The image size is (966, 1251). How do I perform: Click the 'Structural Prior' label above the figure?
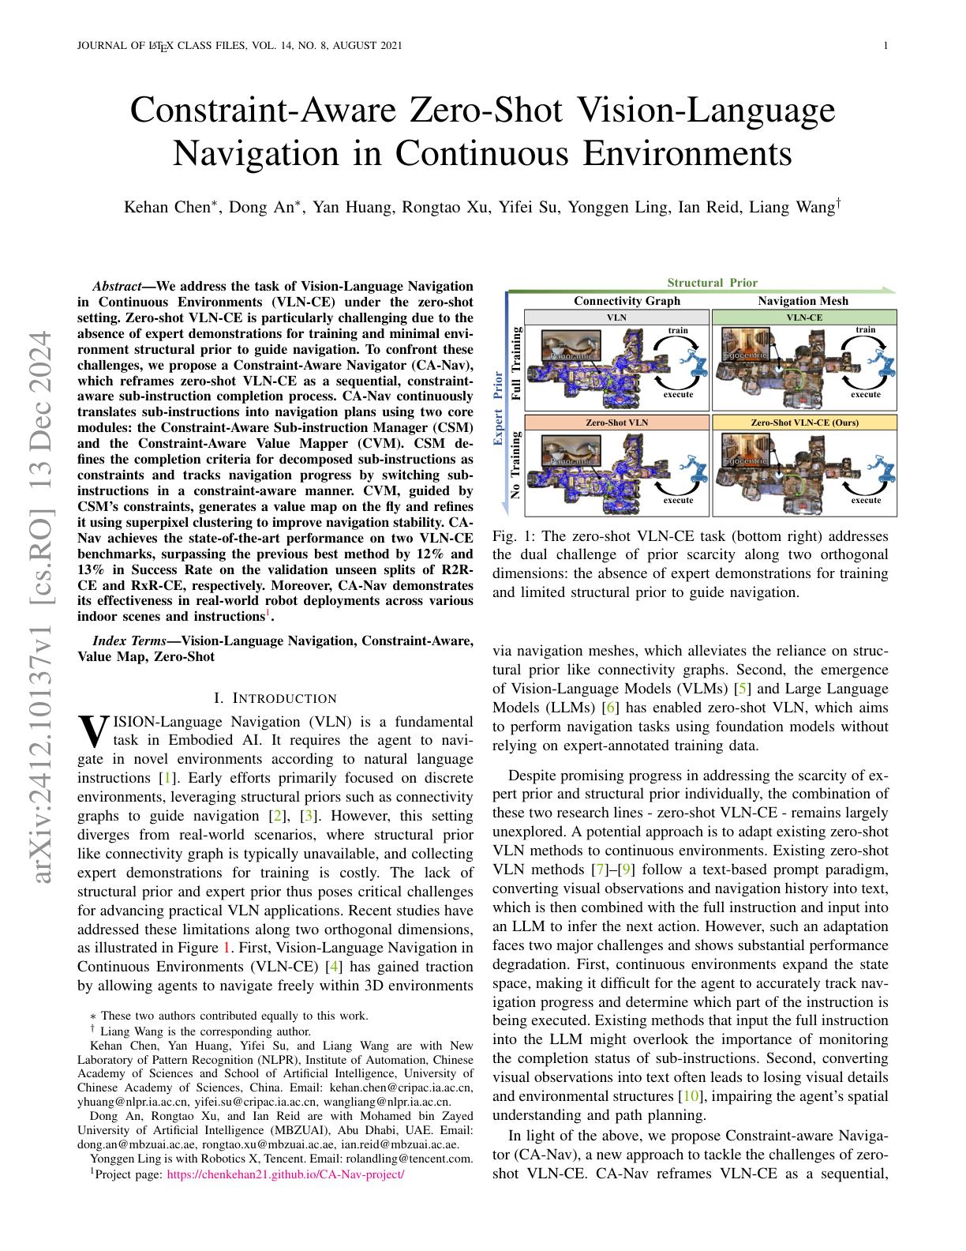pyautogui.click(x=712, y=283)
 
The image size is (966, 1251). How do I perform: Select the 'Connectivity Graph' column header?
pyautogui.click(x=627, y=301)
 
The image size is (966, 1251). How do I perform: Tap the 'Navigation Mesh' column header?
pyautogui.click(x=803, y=301)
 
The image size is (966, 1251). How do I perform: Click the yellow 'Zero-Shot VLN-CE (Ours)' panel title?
pyautogui.click(x=803, y=423)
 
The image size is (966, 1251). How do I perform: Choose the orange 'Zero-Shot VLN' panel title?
pyautogui.click(x=616, y=423)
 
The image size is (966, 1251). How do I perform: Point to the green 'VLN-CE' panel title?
pyautogui.click(x=803, y=317)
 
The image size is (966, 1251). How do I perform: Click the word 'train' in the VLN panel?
pyautogui.click(x=678, y=330)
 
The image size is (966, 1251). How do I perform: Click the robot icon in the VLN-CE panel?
pyautogui.click(x=882, y=364)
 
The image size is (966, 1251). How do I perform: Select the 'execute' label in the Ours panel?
pyautogui.click(x=866, y=500)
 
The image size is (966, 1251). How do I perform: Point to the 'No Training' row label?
pyautogui.click(x=517, y=465)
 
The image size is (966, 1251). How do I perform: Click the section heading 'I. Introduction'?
pyautogui.click(x=275, y=698)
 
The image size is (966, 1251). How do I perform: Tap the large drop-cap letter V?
pyautogui.click(x=93, y=731)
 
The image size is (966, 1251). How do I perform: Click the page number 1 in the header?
pyautogui.click(x=885, y=46)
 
